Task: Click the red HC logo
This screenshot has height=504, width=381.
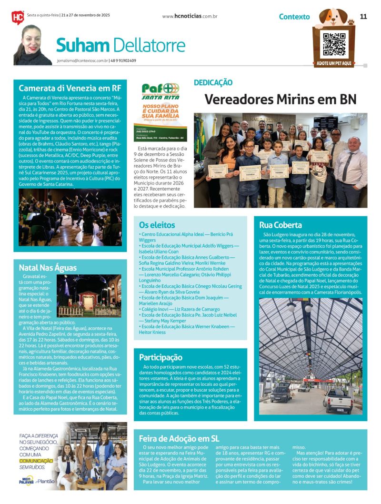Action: [18, 17]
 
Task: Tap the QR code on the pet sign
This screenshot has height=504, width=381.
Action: [333, 43]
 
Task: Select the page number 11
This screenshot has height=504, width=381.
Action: [363, 16]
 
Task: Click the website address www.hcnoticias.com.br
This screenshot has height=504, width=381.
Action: [190, 16]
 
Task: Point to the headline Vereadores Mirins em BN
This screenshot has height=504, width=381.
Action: [280, 99]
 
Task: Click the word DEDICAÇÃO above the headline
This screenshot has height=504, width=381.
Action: [213, 82]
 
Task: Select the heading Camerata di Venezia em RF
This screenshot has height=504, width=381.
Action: [70, 88]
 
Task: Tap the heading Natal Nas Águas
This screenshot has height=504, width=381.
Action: [48, 267]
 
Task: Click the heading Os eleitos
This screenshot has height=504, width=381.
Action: [157, 225]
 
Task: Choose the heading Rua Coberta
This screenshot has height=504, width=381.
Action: [281, 225]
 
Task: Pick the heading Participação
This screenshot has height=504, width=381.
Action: [160, 357]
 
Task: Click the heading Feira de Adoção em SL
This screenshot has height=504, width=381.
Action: [179, 438]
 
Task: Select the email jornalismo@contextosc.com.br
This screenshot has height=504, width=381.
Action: [82, 60]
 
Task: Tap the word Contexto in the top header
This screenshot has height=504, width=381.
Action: [294, 17]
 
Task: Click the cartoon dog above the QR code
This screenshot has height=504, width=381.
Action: [333, 17]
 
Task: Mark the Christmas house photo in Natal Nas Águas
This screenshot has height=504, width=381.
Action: [92, 295]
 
